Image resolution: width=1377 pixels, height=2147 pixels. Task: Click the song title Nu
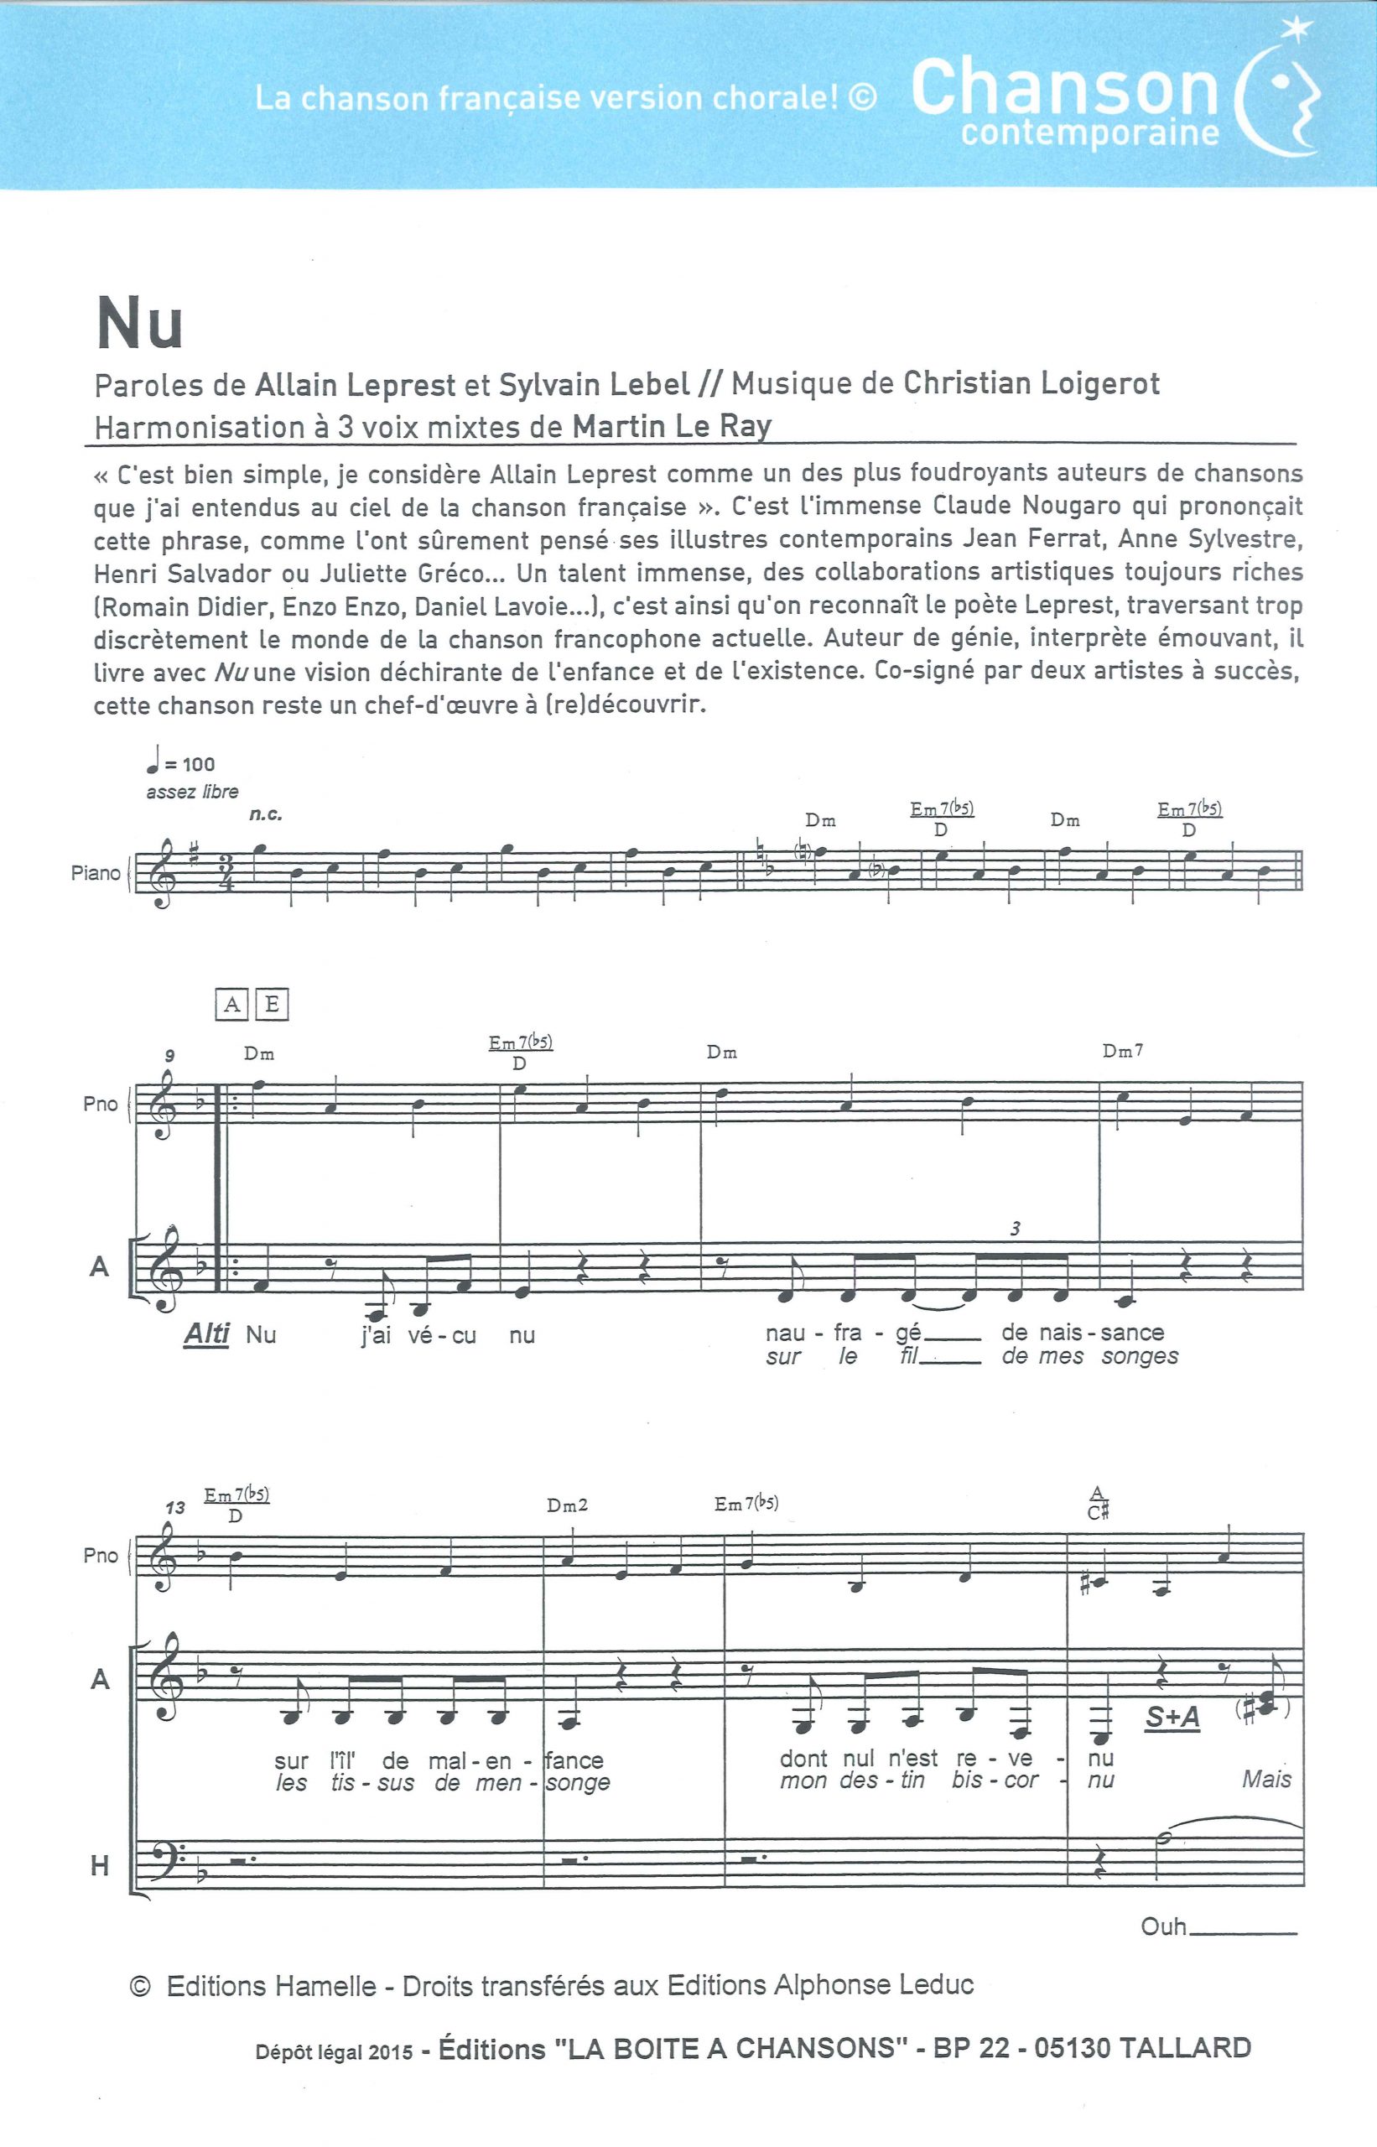pyautogui.click(x=139, y=323)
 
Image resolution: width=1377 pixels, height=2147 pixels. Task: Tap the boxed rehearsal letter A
pyautogui.click(x=231, y=1005)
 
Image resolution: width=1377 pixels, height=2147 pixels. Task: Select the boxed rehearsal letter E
pyautogui.click(x=272, y=1005)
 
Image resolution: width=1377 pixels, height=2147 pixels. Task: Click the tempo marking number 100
pyautogui.click(x=198, y=765)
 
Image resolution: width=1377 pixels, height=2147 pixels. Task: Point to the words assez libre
pyautogui.click(x=192, y=793)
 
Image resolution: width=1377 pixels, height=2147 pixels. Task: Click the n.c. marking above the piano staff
pyautogui.click(x=266, y=814)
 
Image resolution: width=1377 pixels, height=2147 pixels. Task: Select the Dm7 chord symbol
pyautogui.click(x=1122, y=1053)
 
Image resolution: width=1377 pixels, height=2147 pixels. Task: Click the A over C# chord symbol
pyautogui.click(x=1098, y=1504)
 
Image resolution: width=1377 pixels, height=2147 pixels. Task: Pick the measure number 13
pyautogui.click(x=174, y=1508)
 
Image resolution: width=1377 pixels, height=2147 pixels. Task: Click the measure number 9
pyautogui.click(x=169, y=1056)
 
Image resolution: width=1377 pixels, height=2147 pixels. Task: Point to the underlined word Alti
pyautogui.click(x=206, y=1334)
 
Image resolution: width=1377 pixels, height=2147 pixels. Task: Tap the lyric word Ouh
pyautogui.click(x=1163, y=1926)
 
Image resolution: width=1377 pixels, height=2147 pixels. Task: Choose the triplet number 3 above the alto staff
pyautogui.click(x=1015, y=1229)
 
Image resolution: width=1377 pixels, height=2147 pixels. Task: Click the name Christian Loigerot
pyautogui.click(x=1031, y=383)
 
